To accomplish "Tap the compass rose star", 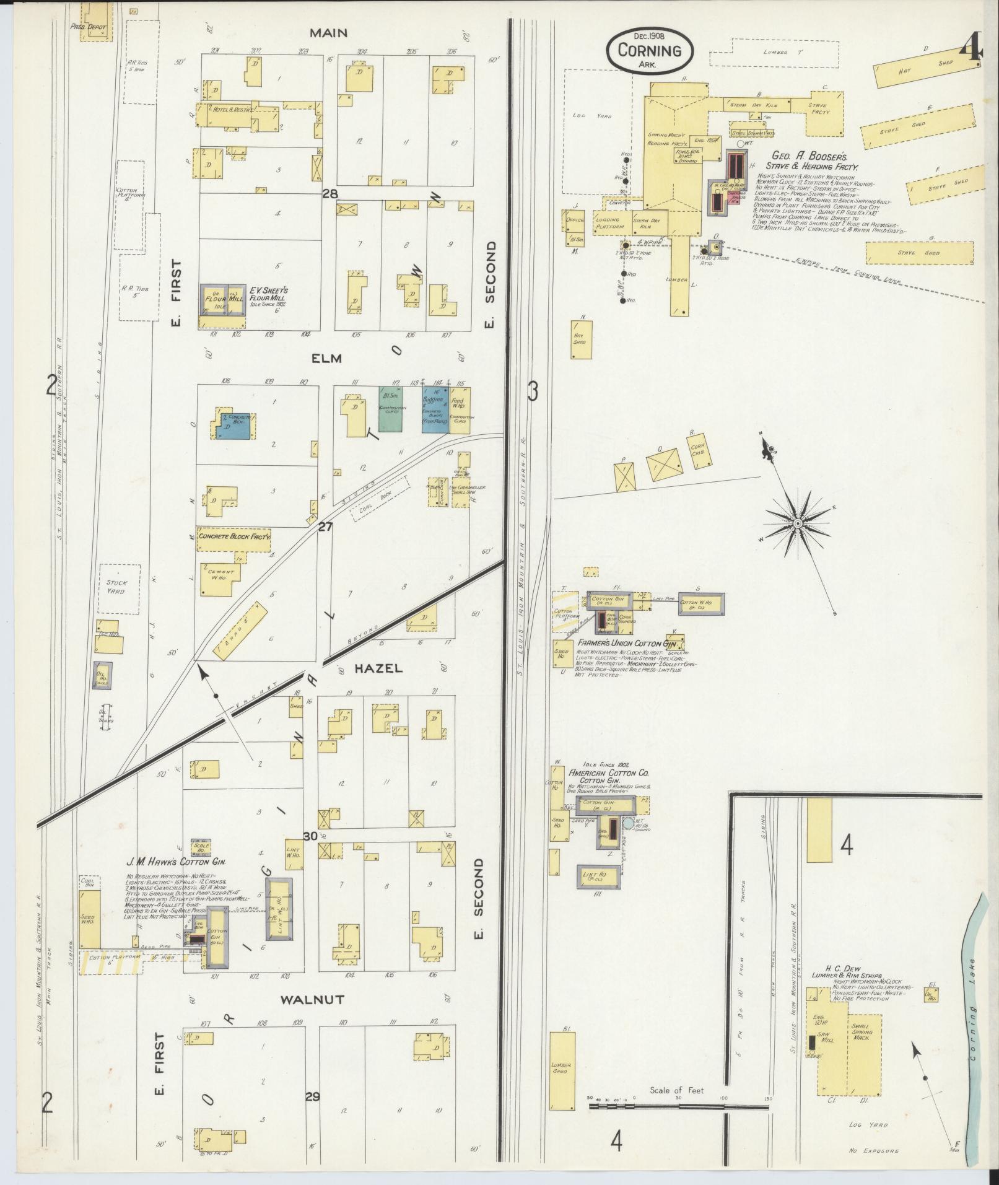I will (x=797, y=524).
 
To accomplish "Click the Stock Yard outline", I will (x=116, y=586).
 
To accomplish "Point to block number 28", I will (x=329, y=194).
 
